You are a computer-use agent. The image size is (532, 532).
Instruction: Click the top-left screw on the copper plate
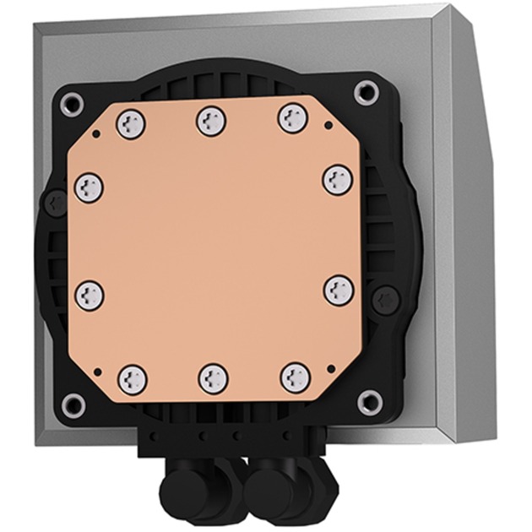pos(132,124)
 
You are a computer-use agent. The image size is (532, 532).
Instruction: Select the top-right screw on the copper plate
pos(291,119)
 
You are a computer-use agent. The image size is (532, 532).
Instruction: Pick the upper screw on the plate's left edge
pos(89,187)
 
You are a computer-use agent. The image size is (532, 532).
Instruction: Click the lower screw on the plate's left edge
pos(89,295)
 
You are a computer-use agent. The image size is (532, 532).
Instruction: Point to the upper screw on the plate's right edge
pos(337,179)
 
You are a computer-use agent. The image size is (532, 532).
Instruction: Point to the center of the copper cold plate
pos(213,249)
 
